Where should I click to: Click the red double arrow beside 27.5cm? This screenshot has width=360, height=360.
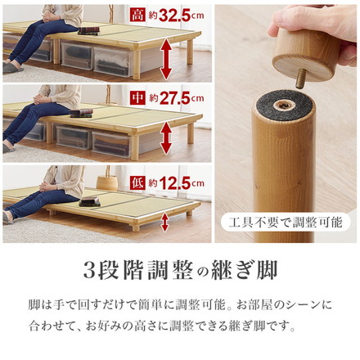tap(166, 135)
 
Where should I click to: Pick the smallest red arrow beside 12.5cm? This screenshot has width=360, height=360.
tap(166, 219)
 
